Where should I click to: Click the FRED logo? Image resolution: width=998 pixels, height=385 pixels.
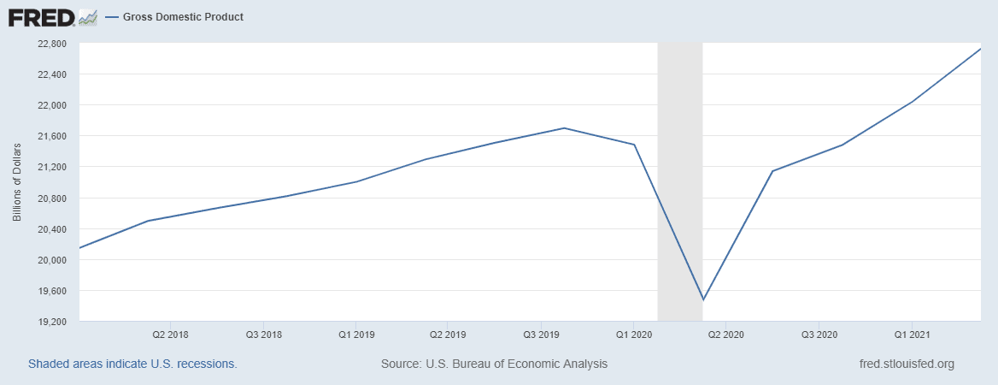click(x=41, y=17)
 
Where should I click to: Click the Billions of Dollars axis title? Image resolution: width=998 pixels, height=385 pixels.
click(x=17, y=183)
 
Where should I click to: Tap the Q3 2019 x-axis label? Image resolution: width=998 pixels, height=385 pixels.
click(x=541, y=333)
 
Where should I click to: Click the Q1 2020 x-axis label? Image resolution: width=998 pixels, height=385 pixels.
click(x=634, y=333)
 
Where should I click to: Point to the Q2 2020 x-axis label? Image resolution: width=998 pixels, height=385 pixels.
click(x=727, y=333)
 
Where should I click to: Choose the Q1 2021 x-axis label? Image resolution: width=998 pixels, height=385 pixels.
click(x=912, y=333)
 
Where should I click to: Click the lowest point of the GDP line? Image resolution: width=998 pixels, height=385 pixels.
click(x=702, y=299)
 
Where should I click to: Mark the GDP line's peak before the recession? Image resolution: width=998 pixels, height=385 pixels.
click(x=564, y=128)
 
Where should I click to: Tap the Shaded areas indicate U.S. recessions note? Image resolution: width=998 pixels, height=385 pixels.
click(x=132, y=364)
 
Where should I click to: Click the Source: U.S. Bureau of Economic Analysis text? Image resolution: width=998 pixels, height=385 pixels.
click(x=494, y=364)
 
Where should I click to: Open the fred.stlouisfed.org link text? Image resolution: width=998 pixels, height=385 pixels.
click(x=906, y=364)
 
